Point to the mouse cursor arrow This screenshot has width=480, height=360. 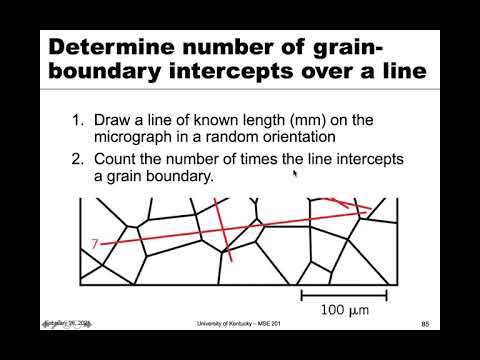click(294, 174)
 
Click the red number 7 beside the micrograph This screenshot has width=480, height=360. click(94, 243)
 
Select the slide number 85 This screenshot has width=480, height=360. click(425, 324)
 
